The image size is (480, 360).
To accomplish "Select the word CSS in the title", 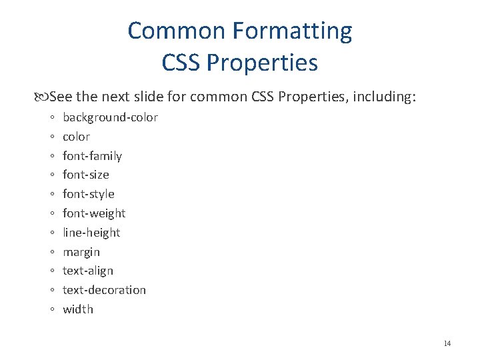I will pyautogui.click(x=181, y=63).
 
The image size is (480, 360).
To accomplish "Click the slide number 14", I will pyautogui.click(x=447, y=343).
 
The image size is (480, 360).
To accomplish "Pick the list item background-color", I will pyautogui.click(x=110, y=117).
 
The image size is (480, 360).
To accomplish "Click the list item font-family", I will pyautogui.click(x=92, y=156).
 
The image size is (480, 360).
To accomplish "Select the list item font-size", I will pyautogui.click(x=86, y=175).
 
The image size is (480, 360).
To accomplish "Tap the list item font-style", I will pyautogui.click(x=89, y=194).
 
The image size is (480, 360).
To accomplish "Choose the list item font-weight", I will pyautogui.click(x=94, y=213).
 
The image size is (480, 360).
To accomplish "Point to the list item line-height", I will pyautogui.click(x=91, y=233).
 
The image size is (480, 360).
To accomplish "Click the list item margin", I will pyautogui.click(x=81, y=252).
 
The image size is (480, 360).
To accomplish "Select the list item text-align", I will pyautogui.click(x=88, y=271).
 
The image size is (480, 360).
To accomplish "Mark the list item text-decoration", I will pyautogui.click(x=104, y=290).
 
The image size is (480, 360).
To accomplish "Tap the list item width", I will pyautogui.click(x=78, y=309).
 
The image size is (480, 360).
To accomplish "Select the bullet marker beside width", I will pyautogui.click(x=52, y=310).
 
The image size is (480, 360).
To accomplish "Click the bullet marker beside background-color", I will pyautogui.click(x=52, y=118).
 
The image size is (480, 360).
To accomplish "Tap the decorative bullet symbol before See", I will pyautogui.click(x=44, y=97).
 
